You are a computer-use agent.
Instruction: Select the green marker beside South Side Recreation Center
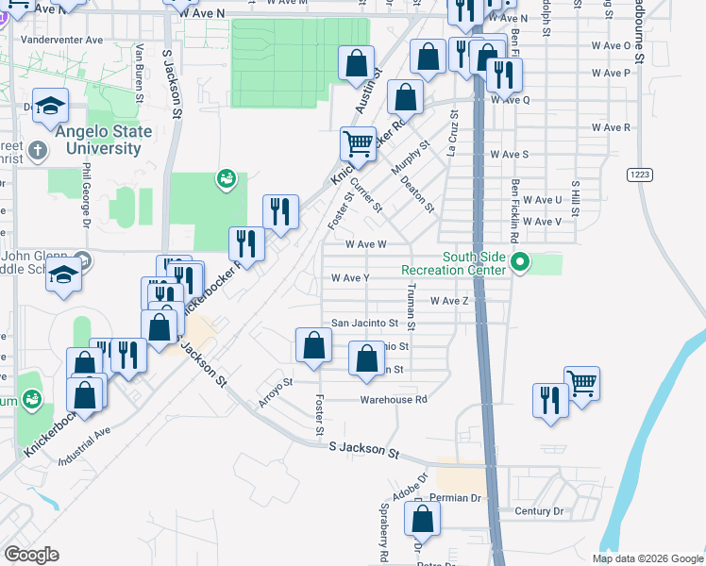tap(518, 261)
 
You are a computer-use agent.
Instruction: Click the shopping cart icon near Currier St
tap(358, 144)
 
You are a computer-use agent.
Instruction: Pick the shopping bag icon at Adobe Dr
tap(422, 518)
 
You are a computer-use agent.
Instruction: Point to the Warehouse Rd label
tap(394, 399)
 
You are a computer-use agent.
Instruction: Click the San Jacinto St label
tap(357, 322)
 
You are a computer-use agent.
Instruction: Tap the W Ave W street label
tap(366, 243)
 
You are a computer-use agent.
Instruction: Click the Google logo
tap(31, 555)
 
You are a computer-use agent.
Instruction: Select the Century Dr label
tap(539, 511)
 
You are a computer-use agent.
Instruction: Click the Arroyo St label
tap(277, 393)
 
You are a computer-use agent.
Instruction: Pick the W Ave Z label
tap(449, 301)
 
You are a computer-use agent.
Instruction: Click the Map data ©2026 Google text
tap(647, 558)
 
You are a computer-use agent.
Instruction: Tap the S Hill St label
tap(574, 199)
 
